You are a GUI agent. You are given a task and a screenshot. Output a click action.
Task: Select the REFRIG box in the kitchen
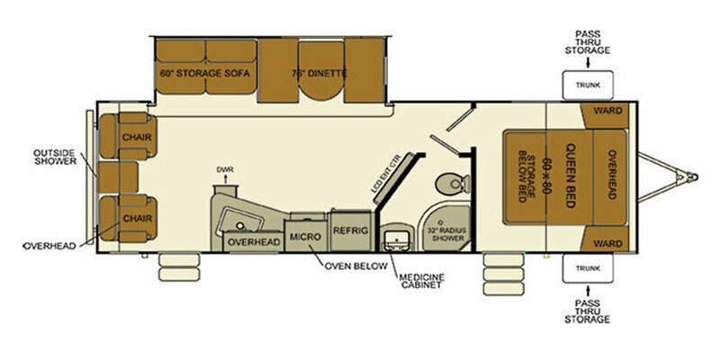click(x=350, y=229)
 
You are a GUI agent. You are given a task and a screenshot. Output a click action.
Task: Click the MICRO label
click(x=300, y=236)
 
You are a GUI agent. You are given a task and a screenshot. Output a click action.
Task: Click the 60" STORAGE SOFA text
click(x=204, y=73)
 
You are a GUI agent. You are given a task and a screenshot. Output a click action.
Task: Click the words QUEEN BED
click(x=569, y=176)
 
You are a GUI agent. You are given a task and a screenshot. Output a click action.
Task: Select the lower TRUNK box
click(x=586, y=267)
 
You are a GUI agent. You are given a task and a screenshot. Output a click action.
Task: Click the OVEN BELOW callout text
click(x=357, y=266)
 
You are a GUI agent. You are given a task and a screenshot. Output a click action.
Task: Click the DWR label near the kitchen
click(x=224, y=169)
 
